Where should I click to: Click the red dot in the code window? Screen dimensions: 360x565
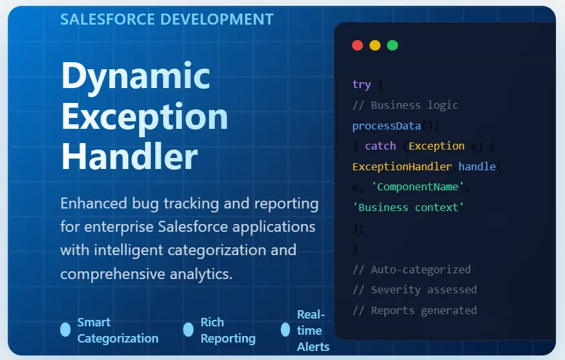pos(357,45)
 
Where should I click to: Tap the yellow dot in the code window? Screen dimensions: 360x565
pos(375,45)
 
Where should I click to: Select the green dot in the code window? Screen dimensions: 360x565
pos(392,45)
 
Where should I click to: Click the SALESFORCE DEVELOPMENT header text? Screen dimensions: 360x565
pos(167,19)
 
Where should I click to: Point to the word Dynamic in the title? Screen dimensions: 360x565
pos(136,76)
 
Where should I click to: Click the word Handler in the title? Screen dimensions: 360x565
pos(129,156)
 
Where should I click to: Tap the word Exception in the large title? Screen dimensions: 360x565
pos(144,117)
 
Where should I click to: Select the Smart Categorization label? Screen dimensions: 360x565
pos(117,330)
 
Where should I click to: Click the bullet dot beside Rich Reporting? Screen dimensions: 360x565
pos(188,330)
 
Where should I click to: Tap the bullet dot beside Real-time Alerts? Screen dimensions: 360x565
pos(285,330)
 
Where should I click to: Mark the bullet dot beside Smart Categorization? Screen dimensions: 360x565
pos(65,330)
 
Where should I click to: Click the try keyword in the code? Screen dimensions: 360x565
pos(361,85)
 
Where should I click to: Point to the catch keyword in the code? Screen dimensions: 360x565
pos(380,146)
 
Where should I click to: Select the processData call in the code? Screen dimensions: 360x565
pos(386,126)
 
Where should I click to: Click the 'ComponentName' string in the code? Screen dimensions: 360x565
pos(417,187)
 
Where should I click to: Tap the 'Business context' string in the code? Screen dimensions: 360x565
pos(408,207)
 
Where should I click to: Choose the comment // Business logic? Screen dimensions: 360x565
pos(405,105)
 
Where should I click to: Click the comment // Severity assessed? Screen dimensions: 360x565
pos(414,289)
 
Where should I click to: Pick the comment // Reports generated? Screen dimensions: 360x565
pos(414,310)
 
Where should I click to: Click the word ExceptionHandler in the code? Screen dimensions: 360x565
pos(401,166)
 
